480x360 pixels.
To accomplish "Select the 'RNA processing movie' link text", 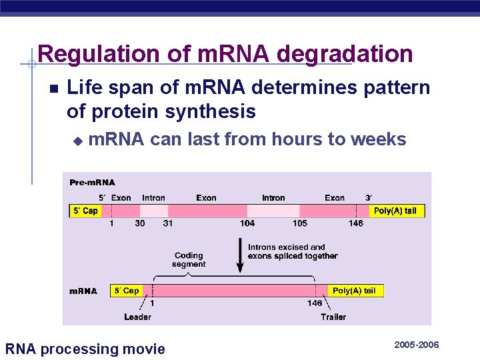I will [85, 349].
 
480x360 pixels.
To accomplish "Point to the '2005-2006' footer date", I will [417, 345].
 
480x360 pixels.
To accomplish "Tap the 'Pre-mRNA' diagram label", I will [92, 182].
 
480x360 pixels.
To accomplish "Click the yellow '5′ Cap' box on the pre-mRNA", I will [85, 211].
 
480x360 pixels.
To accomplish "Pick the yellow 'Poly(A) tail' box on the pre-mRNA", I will [395, 211].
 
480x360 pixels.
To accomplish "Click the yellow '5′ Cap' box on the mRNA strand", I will [126, 291].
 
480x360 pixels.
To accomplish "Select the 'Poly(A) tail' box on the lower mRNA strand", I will [355, 291].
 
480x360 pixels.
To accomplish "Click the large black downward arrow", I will [240, 256].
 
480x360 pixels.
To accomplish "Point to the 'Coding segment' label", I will [189, 259].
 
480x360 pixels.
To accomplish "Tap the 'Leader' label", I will [137, 317].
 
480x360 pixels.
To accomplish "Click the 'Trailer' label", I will [333, 317].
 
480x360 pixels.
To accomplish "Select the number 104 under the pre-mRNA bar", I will [247, 223].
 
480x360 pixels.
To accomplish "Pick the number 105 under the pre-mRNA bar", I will [299, 223].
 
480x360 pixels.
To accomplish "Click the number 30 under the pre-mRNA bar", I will [140, 223].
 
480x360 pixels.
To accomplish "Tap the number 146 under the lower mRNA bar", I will [315, 303].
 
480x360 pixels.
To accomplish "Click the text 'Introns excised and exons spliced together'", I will [293, 251].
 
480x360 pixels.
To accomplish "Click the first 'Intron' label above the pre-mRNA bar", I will [153, 198].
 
